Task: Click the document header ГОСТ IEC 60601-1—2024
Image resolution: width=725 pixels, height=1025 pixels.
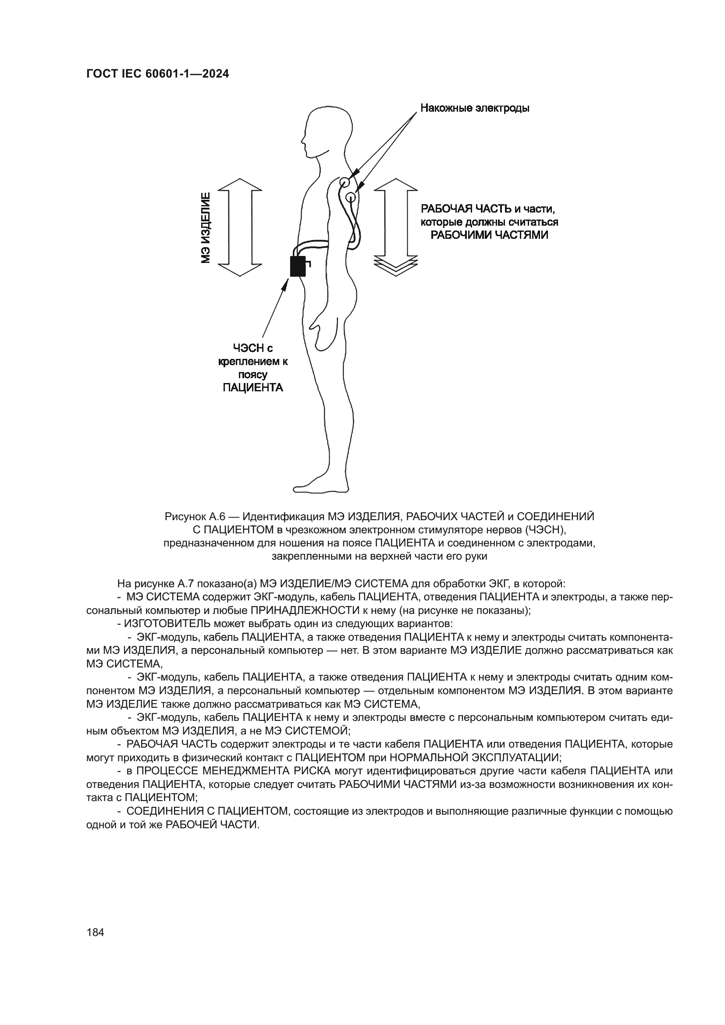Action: coord(158,74)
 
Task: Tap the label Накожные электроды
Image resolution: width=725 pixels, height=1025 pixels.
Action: coord(475,108)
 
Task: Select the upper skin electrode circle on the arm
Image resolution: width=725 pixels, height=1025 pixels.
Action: coord(344,182)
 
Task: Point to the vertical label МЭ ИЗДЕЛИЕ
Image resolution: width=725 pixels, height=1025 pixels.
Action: coord(205,228)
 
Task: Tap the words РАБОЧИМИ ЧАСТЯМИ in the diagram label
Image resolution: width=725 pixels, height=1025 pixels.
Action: coord(489,235)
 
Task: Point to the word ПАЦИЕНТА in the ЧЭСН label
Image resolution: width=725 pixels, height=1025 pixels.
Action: coord(252,387)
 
